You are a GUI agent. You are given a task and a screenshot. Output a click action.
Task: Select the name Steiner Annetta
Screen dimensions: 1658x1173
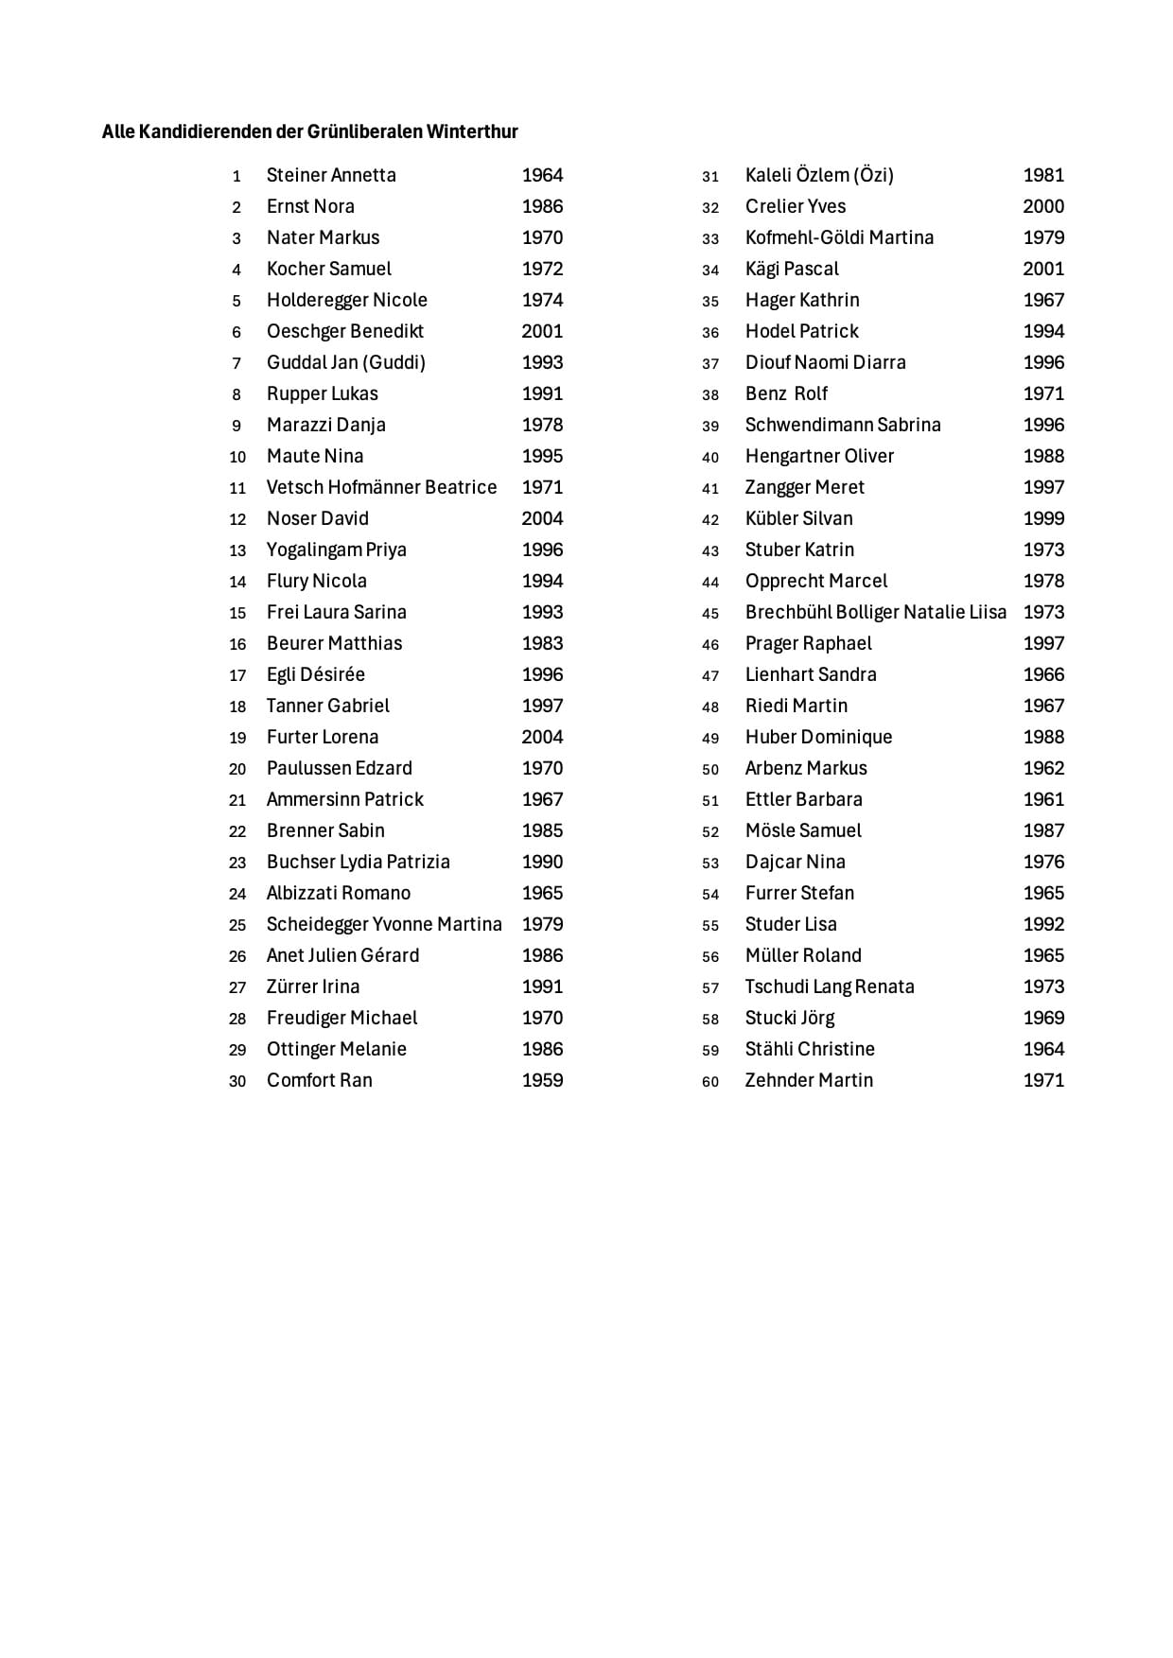331,175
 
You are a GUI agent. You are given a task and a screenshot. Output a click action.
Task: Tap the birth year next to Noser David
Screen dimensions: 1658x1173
542,518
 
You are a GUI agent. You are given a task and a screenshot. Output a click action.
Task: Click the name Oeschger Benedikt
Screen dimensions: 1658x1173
345,331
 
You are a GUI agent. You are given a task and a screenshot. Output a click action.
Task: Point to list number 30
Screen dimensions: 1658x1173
237,1081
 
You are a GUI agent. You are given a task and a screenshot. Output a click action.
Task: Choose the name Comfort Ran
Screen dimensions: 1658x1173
320,1080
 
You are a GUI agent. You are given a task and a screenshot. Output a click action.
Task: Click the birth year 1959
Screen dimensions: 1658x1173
542,1080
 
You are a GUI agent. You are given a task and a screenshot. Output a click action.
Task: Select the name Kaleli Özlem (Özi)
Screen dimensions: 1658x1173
819,175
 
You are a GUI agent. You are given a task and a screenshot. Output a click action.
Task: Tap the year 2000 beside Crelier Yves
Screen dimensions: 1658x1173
1043,206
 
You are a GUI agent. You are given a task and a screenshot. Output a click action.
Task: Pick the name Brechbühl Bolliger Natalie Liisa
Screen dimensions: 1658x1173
876,612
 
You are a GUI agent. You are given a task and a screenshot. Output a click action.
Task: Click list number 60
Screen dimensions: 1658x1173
710,1081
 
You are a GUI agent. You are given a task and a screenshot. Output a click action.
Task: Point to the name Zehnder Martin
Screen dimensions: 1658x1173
809,1080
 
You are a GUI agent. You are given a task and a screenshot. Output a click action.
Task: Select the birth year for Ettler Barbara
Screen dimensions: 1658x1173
1043,799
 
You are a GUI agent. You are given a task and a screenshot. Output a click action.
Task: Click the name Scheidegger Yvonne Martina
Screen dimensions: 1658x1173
384,924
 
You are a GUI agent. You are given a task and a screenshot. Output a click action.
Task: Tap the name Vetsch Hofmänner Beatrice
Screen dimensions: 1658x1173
381,487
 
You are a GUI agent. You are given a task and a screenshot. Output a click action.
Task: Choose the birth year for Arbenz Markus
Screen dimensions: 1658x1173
1043,768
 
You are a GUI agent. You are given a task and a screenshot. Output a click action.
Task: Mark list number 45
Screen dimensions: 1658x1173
710,613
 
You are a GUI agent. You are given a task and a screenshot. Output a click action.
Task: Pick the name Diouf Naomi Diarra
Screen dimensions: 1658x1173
825,362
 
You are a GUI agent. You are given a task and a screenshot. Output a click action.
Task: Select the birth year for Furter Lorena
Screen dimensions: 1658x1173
542,737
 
